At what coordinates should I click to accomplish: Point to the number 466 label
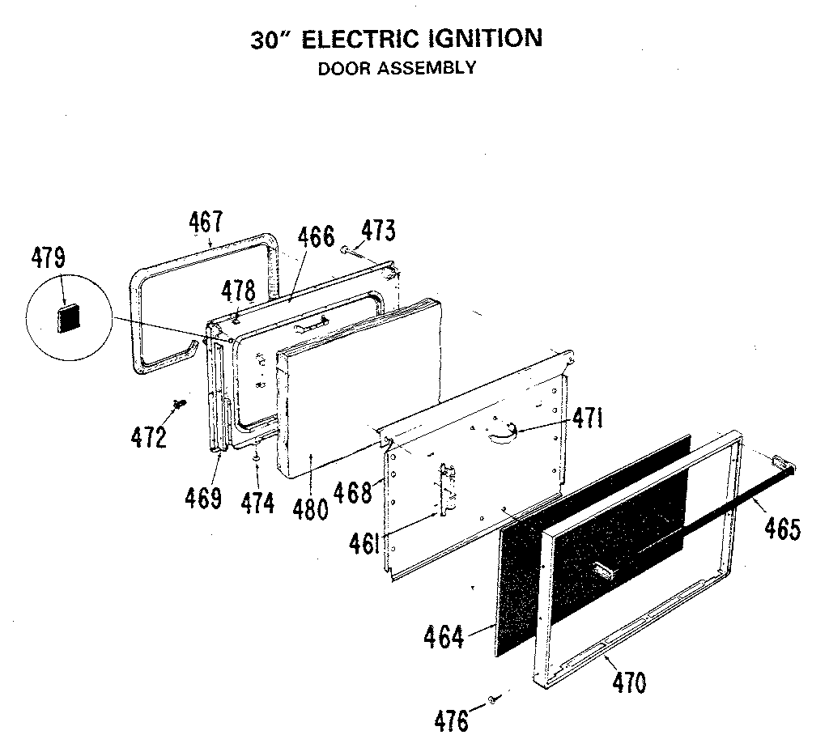[315, 237]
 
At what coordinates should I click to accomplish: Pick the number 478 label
[239, 291]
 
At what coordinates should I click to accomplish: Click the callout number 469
[203, 498]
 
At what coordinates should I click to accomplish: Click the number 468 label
[355, 491]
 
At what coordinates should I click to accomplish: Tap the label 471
[588, 418]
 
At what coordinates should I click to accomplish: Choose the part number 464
[444, 637]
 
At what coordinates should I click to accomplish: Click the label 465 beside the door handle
[781, 530]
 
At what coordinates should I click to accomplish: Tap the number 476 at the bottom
[452, 720]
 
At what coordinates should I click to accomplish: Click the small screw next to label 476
[492, 699]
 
